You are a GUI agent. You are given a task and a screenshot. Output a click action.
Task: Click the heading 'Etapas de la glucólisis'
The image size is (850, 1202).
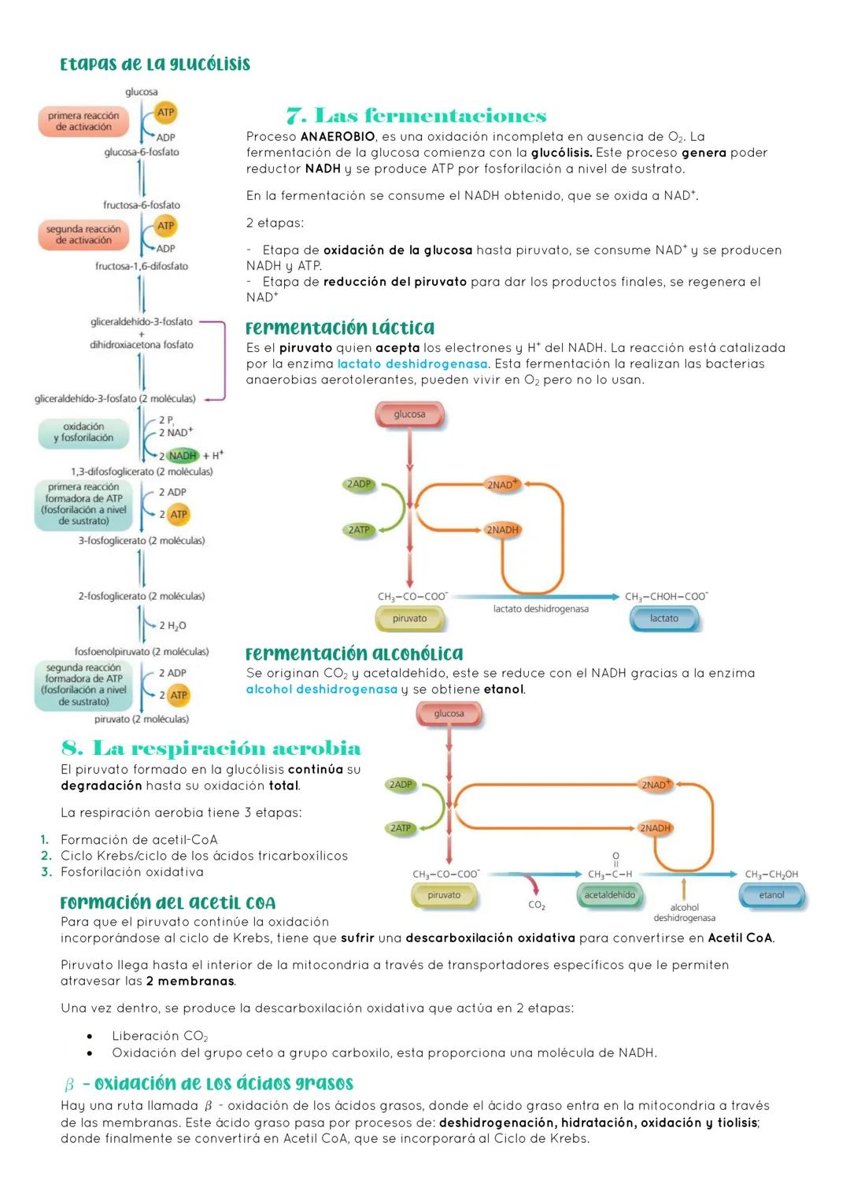click(x=155, y=65)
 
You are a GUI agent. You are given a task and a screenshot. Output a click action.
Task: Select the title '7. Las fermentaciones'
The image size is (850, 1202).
click(x=416, y=117)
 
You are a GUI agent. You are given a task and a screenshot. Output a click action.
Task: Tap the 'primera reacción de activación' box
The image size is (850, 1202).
click(x=83, y=121)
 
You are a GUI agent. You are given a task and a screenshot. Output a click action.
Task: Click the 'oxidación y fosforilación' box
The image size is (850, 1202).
click(x=83, y=432)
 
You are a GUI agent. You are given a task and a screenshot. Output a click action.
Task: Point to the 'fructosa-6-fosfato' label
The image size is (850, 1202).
click(x=142, y=205)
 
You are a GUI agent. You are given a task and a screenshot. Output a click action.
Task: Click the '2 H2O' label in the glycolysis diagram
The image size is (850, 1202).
click(x=172, y=625)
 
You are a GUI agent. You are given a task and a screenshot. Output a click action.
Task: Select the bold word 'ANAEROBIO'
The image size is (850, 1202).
click(x=338, y=137)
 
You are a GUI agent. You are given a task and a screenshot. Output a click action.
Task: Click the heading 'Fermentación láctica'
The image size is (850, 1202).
click(x=340, y=328)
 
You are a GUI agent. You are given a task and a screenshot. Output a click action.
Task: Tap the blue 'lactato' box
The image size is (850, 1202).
click(x=663, y=619)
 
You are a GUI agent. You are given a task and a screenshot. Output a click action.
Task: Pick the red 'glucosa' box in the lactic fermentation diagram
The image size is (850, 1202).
click(x=409, y=414)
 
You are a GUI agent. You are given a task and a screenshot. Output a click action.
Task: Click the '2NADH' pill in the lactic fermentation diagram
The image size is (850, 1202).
click(x=502, y=530)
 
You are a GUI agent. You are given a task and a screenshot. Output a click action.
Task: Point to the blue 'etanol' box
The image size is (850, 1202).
click(x=771, y=895)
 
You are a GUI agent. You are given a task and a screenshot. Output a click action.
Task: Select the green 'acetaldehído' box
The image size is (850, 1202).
click(x=609, y=895)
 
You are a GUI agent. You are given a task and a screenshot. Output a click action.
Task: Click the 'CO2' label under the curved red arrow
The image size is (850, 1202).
click(x=537, y=905)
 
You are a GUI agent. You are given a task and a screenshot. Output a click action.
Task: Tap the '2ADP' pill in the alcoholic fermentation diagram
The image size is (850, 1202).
click(x=401, y=785)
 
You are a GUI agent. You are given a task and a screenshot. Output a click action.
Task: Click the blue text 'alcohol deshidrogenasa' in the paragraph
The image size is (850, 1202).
click(x=321, y=690)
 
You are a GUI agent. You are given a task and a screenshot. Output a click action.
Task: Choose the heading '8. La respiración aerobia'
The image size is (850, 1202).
click(x=211, y=748)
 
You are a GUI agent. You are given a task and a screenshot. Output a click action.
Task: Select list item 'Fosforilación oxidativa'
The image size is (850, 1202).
click(x=131, y=872)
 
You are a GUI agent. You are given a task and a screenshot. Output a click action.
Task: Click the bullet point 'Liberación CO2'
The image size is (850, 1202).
click(x=160, y=1036)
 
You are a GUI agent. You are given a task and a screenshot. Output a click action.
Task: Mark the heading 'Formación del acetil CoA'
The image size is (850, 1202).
click(x=168, y=903)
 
